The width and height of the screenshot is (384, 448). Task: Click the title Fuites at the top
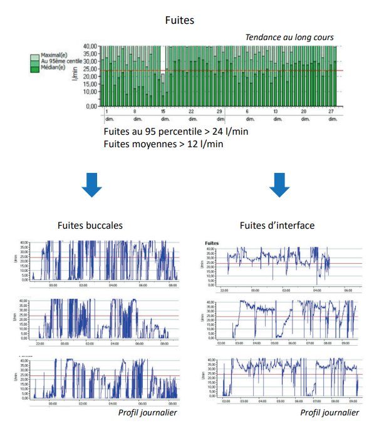[179, 20]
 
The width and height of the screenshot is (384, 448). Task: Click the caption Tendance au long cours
[289, 38]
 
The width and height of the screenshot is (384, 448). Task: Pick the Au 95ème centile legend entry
[60, 61]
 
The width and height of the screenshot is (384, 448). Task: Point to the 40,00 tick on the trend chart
[90, 46]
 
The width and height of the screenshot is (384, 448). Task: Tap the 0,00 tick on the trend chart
[92, 107]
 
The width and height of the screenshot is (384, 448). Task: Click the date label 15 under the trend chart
[162, 111]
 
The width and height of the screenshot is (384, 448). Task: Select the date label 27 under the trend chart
[331, 111]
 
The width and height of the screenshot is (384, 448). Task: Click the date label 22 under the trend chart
[192, 111]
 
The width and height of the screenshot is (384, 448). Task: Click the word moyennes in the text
[152, 144]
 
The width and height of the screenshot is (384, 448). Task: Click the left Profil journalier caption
[148, 412]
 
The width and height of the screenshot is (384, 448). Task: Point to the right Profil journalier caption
[330, 412]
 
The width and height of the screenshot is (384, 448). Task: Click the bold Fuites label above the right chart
[212, 242]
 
